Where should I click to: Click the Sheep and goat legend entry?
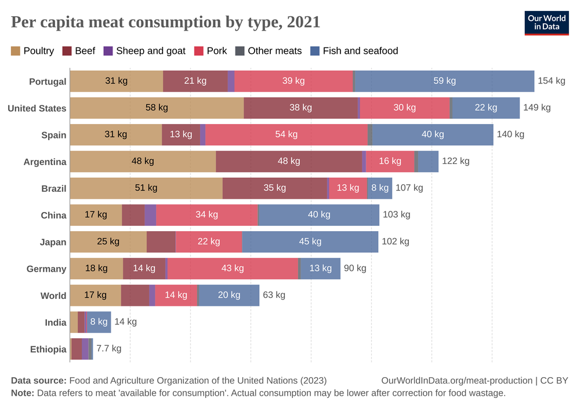(144, 51)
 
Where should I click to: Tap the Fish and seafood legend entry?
(354, 51)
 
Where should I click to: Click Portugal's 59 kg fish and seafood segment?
(444, 81)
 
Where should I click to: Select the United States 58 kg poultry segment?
(157, 108)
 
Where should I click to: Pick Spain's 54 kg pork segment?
(286, 134)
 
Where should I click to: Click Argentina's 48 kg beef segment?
(288, 161)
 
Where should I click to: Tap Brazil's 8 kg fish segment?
(380, 188)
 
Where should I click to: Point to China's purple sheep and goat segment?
(150, 215)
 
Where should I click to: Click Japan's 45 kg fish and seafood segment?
(310, 242)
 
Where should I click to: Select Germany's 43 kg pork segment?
(233, 269)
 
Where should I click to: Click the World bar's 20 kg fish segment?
(229, 295)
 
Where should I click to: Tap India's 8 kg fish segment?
(99, 322)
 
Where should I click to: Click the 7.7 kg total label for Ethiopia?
(108, 349)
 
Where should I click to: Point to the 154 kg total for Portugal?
(551, 81)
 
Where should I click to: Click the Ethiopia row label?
(48, 349)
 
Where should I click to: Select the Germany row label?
(46, 269)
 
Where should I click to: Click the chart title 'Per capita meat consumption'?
(165, 22)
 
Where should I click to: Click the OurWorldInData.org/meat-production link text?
(457, 381)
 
